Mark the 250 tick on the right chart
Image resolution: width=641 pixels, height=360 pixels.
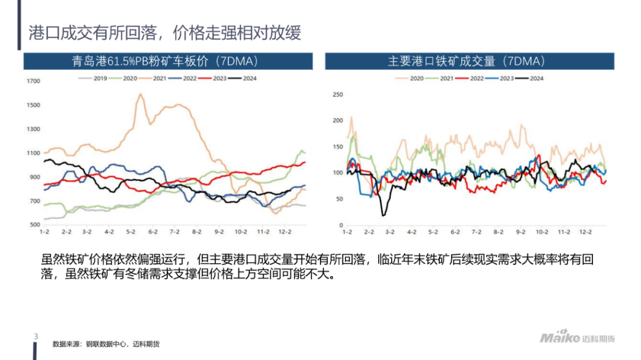coord(338,94)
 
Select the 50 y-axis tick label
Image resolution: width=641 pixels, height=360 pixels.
coord(340,199)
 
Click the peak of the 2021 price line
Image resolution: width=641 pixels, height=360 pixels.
coord(141,94)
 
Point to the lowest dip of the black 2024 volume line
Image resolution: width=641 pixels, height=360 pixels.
coord(383,215)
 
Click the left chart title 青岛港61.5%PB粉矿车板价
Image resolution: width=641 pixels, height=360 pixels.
coord(169,61)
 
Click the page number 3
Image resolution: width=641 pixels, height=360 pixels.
coord(36,337)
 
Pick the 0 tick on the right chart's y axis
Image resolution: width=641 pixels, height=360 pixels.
coord(341,225)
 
